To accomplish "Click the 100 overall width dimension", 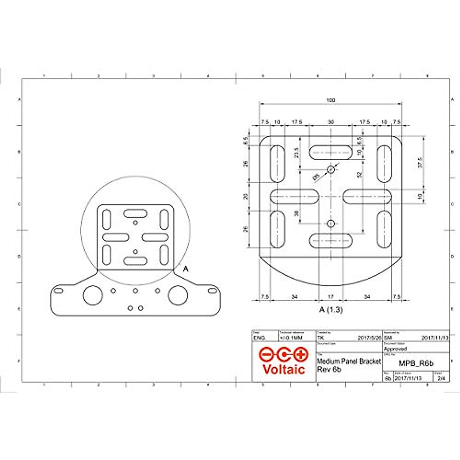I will pos(330,100).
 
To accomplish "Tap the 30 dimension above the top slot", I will pos(330,122).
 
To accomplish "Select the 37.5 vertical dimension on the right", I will pos(420,163).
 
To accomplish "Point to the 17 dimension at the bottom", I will pos(331,297).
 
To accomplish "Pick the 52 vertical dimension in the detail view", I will pos(359,175).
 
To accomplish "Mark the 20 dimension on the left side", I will pos(246,196).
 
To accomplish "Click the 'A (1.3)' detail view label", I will pos(331,310).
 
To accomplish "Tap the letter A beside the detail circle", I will pos(186,269).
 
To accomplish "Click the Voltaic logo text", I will pos(284,369).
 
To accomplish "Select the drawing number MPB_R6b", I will pos(416,363).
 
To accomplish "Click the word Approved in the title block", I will pos(395,349).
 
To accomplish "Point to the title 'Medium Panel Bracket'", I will pos(349,361).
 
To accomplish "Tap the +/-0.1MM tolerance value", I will pos(291,338).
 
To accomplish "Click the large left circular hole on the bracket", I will pos(93,295).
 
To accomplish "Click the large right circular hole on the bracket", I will pos(178,295).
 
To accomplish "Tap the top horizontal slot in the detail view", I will pos(330,153).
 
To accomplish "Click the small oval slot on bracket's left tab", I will pos(58,292).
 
